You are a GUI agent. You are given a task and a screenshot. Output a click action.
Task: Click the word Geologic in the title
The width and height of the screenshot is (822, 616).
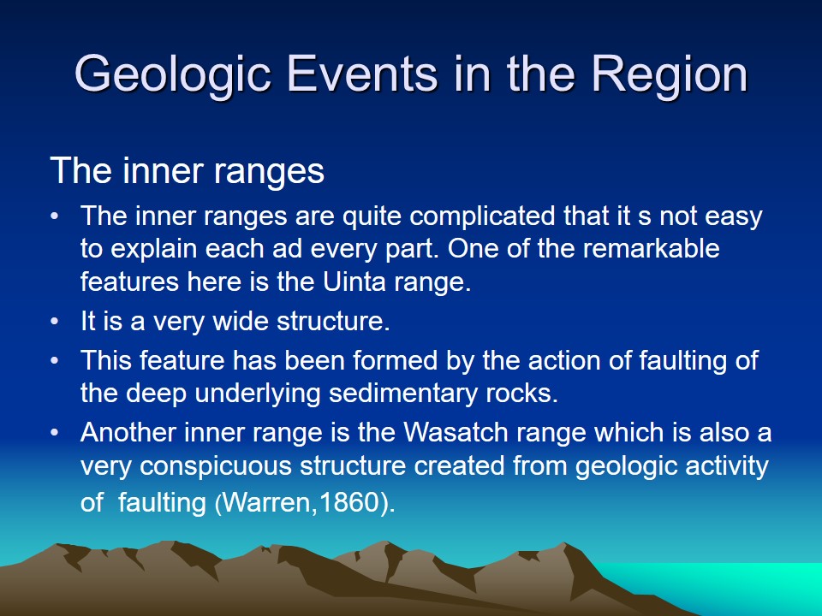point(173,75)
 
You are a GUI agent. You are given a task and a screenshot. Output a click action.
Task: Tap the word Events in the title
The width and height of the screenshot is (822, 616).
point(362,74)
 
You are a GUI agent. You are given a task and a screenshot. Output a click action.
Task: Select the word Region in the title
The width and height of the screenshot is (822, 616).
point(670,75)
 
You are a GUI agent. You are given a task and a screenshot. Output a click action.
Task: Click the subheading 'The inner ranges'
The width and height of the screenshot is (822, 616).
point(188,170)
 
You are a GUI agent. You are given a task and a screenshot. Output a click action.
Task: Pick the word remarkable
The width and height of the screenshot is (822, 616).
point(651,248)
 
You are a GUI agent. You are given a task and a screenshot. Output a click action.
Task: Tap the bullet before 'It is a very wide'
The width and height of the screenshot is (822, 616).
point(55,321)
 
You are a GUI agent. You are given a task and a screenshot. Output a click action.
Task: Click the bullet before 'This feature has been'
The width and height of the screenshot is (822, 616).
point(55,360)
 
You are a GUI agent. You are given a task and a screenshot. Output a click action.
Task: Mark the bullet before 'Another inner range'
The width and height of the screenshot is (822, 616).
point(55,432)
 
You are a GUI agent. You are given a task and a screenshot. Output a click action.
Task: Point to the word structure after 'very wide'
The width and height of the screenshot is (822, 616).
point(333,320)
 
